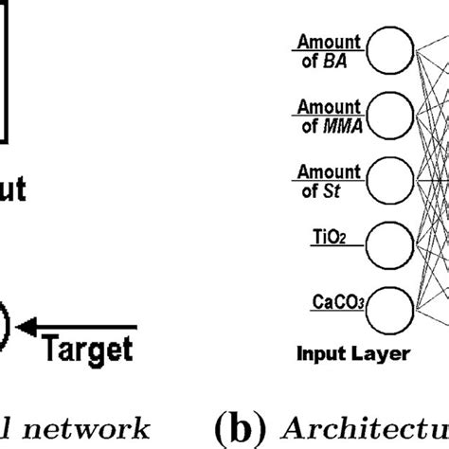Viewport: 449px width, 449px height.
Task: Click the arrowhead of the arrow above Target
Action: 27,327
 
